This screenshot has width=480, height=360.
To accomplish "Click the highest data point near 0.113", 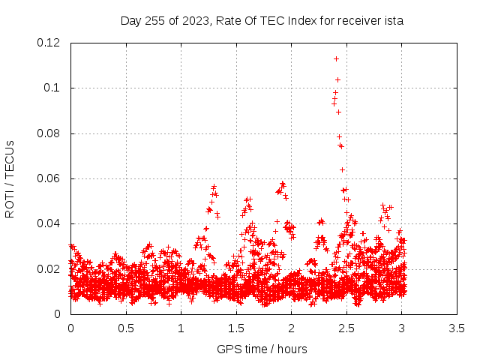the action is pos(336,58).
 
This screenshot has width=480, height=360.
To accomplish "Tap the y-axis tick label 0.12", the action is pos(48,43).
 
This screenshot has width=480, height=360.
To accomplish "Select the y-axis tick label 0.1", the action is pos(52,88).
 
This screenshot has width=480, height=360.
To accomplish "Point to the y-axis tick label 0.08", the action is pos(48,133).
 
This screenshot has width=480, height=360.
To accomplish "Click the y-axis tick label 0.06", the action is pos(48,178).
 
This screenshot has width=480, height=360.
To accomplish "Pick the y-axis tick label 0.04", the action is pos(48,223).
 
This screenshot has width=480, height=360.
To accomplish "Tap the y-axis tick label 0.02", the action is pos(48,269).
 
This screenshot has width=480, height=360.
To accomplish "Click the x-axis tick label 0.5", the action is pos(126,328).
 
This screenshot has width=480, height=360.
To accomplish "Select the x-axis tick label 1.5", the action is pos(236,328).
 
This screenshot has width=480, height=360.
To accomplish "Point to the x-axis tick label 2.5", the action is pos(346,328).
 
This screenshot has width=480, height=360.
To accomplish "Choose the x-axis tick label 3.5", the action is pos(457,328).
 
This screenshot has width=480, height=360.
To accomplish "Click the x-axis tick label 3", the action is pos(402,328).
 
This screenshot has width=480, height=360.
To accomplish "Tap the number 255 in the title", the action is pos(155,21).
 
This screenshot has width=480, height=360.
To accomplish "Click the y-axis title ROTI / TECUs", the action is pos(10,179).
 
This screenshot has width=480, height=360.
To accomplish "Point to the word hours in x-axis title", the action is pos(292,349).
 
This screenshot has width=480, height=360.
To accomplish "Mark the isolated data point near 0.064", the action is pos(342,169).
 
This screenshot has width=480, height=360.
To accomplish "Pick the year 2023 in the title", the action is pos(195,21).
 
